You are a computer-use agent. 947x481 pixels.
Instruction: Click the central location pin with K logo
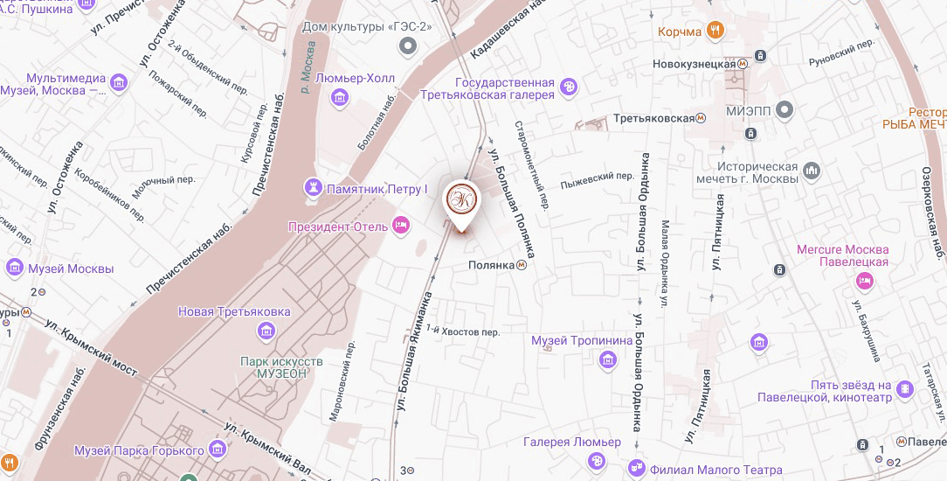pyautogui.click(x=462, y=200)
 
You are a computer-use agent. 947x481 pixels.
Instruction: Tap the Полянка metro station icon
pyautogui.click(x=521, y=265)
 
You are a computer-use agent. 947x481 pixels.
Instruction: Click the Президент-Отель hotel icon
pyautogui.click(x=401, y=226)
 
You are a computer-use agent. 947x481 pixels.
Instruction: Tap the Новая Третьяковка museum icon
pyautogui.click(x=266, y=330)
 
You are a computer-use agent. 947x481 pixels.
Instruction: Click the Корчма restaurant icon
pyautogui.click(x=715, y=31)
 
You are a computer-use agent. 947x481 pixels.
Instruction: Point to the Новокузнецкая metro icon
pyautogui.click(x=742, y=63)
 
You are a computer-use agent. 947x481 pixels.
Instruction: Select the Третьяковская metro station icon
pyautogui.click(x=701, y=118)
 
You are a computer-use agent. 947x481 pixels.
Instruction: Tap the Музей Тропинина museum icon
pyautogui.click(x=607, y=359)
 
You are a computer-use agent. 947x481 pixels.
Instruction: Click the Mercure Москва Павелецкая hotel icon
pyautogui.click(x=864, y=281)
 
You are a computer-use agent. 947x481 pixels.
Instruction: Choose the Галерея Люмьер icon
pyautogui.click(x=597, y=461)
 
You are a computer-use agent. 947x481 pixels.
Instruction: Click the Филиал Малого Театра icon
pyautogui.click(x=638, y=468)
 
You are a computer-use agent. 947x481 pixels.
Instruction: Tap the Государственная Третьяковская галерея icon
pyautogui.click(x=570, y=87)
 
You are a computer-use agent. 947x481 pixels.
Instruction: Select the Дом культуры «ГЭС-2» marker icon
pyautogui.click(x=406, y=45)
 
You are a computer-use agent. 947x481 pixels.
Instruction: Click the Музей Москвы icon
pyautogui.click(x=14, y=267)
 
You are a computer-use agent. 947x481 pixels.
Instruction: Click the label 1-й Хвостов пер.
pyautogui.click(x=468, y=331)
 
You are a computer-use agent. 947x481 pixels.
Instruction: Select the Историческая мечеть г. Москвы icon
pyautogui.click(x=812, y=169)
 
